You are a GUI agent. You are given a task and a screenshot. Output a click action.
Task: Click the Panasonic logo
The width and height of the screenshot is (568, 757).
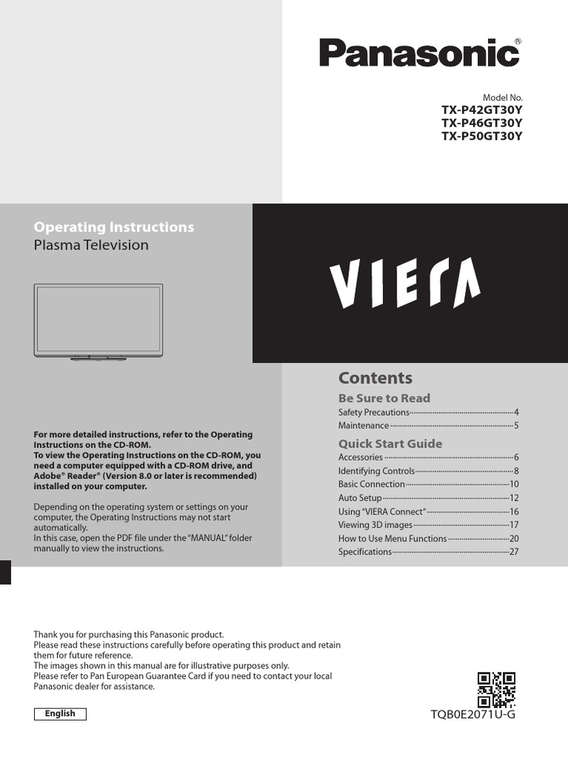click(x=419, y=53)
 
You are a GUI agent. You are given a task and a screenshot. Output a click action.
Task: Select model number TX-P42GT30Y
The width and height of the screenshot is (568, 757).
click(x=481, y=110)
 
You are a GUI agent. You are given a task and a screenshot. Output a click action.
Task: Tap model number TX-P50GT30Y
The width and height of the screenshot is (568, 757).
click(x=481, y=136)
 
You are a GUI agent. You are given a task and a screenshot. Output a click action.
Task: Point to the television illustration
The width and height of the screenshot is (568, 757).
click(x=98, y=322)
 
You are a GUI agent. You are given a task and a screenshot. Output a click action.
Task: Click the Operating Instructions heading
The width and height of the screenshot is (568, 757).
click(x=114, y=227)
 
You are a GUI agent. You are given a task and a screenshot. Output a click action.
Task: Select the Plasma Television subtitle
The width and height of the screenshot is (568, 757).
click(x=91, y=245)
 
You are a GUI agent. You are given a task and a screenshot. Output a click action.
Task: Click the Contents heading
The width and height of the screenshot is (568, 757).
click(x=375, y=378)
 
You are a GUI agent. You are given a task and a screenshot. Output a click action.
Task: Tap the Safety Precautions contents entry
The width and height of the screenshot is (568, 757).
click(x=373, y=412)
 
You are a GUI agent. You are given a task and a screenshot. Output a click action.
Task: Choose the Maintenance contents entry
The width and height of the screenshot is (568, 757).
click(x=363, y=426)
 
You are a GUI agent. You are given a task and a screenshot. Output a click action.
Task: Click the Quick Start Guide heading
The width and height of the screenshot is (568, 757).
click(x=390, y=444)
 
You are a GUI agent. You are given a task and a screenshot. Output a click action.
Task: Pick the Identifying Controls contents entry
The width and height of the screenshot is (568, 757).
click(x=376, y=471)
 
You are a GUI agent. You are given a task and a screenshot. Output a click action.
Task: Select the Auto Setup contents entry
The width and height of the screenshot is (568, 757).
click(x=359, y=498)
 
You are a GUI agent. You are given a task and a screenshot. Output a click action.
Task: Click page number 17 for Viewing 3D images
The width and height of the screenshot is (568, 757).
click(x=514, y=525)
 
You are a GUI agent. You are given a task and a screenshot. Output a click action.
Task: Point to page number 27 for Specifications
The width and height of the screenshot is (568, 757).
click(x=514, y=552)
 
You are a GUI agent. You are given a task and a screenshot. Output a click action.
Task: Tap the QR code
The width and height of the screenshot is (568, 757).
click(x=496, y=689)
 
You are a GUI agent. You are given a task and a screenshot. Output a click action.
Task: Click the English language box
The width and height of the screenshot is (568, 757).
click(x=60, y=713)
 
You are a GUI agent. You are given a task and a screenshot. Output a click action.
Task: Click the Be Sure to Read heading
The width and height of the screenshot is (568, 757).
click(x=384, y=398)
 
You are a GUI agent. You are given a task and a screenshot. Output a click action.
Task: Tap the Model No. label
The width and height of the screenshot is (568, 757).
click(x=502, y=98)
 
